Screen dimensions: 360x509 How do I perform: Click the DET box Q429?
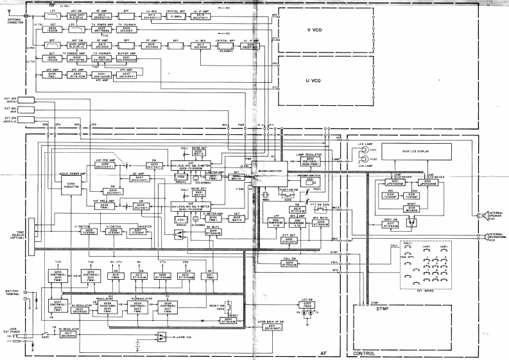[x=52, y=29]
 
